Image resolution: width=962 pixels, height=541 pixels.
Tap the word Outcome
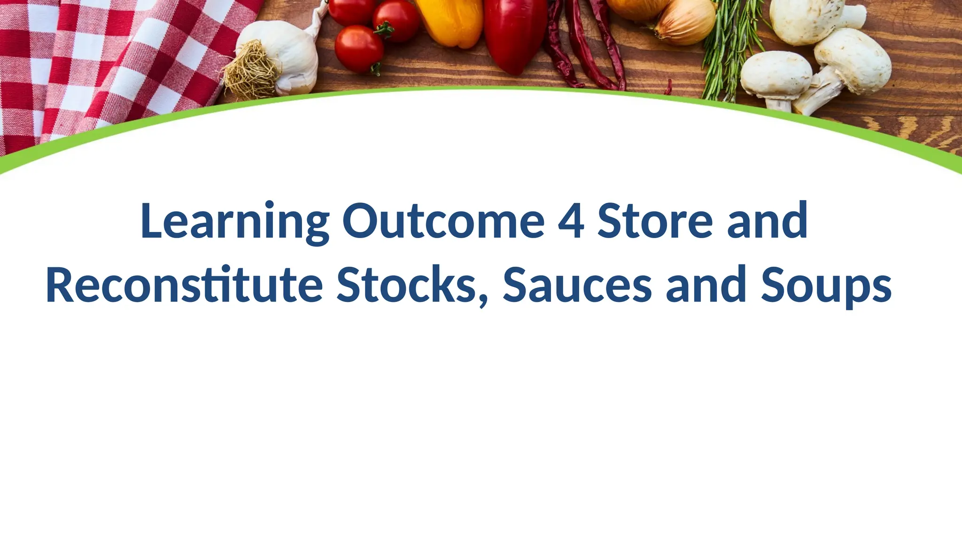tap(443, 221)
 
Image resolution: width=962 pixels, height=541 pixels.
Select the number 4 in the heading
tap(571, 221)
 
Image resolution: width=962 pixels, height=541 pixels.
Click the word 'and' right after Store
tap(767, 221)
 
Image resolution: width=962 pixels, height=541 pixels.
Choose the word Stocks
tap(407, 285)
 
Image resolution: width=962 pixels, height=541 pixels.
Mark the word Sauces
tap(577, 285)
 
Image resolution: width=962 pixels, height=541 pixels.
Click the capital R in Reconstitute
tap(61, 285)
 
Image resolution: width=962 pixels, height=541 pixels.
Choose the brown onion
tap(686, 21)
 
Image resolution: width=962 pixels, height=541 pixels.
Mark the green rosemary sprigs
tap(730, 52)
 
